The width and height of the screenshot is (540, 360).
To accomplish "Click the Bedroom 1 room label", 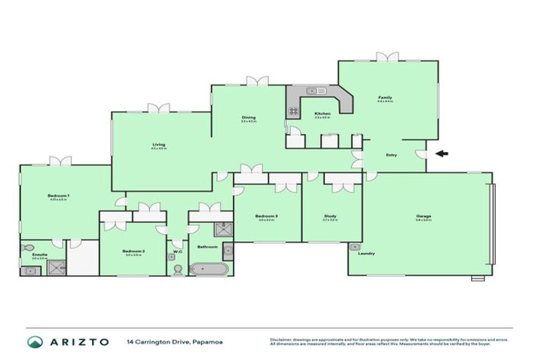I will [58, 195].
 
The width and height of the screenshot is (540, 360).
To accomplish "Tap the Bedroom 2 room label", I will [134, 251].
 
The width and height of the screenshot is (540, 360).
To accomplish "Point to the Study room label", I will [330, 215].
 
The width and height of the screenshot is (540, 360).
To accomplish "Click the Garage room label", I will [423, 216].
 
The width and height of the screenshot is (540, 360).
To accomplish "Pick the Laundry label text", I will [366, 253].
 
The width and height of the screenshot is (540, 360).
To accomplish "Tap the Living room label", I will [158, 145].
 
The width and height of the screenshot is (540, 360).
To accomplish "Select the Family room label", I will [385, 98].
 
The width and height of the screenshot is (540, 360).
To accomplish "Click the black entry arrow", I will [441, 153].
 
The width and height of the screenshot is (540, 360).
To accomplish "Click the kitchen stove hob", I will [292, 110].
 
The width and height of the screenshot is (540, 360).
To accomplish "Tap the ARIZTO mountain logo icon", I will [34, 342].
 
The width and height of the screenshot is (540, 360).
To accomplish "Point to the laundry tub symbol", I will [354, 247].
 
